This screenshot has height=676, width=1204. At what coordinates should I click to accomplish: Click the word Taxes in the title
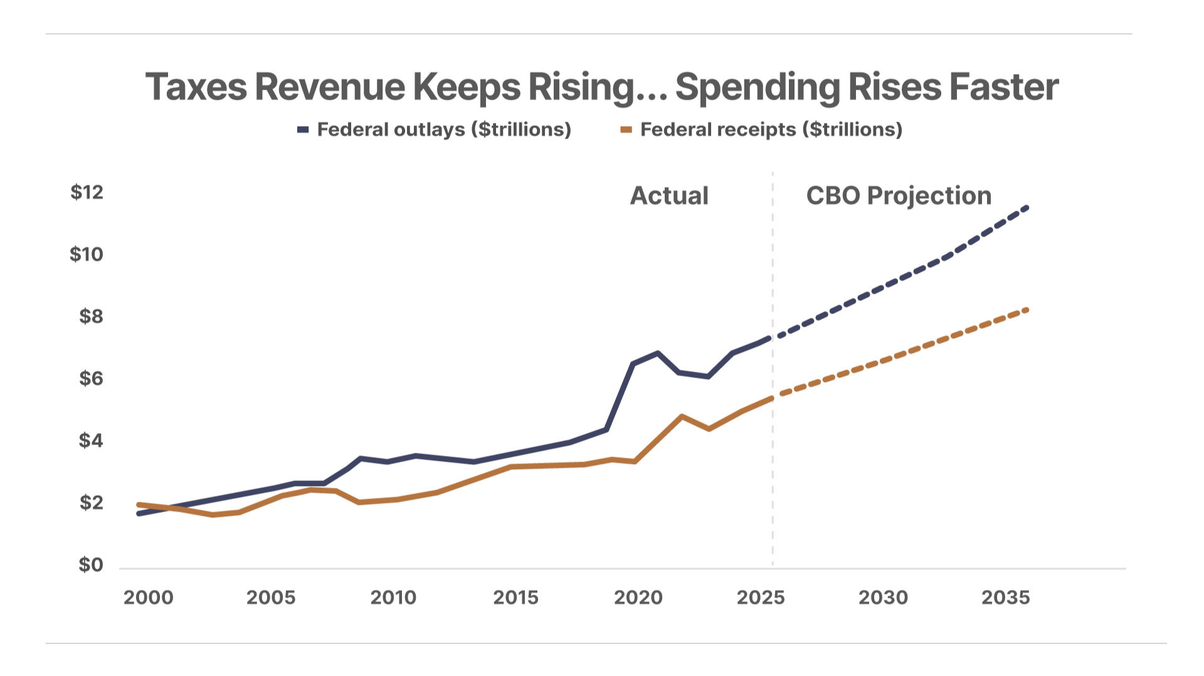[196, 87]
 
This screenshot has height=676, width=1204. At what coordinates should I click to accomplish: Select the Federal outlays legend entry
[434, 130]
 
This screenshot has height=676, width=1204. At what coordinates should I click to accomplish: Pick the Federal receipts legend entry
[761, 130]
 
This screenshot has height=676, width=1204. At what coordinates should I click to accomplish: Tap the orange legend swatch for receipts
[626, 130]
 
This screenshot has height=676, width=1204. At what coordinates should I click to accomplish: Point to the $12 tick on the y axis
[87, 192]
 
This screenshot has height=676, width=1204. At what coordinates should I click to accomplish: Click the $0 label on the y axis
[90, 565]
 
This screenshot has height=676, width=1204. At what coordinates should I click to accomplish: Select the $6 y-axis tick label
[91, 379]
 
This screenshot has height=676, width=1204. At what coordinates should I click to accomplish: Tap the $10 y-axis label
[87, 254]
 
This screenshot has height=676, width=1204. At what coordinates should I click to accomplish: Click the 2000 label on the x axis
[148, 598]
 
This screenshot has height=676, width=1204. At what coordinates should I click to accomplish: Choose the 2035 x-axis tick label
[1005, 598]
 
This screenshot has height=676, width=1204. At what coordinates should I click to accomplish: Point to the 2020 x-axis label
[638, 598]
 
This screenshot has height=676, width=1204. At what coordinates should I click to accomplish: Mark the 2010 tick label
[393, 598]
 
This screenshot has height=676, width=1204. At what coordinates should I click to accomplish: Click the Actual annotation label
[669, 196]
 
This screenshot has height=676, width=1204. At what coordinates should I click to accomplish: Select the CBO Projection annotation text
[899, 196]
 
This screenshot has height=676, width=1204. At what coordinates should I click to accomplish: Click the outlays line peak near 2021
[657, 353]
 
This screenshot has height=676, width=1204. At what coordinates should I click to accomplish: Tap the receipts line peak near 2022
[682, 416]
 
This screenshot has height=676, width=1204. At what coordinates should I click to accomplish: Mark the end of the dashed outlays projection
[1027, 207]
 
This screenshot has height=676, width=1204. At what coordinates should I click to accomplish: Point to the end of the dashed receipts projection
[1027, 309]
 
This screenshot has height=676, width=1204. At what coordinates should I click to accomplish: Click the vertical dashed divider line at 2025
[773, 369]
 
